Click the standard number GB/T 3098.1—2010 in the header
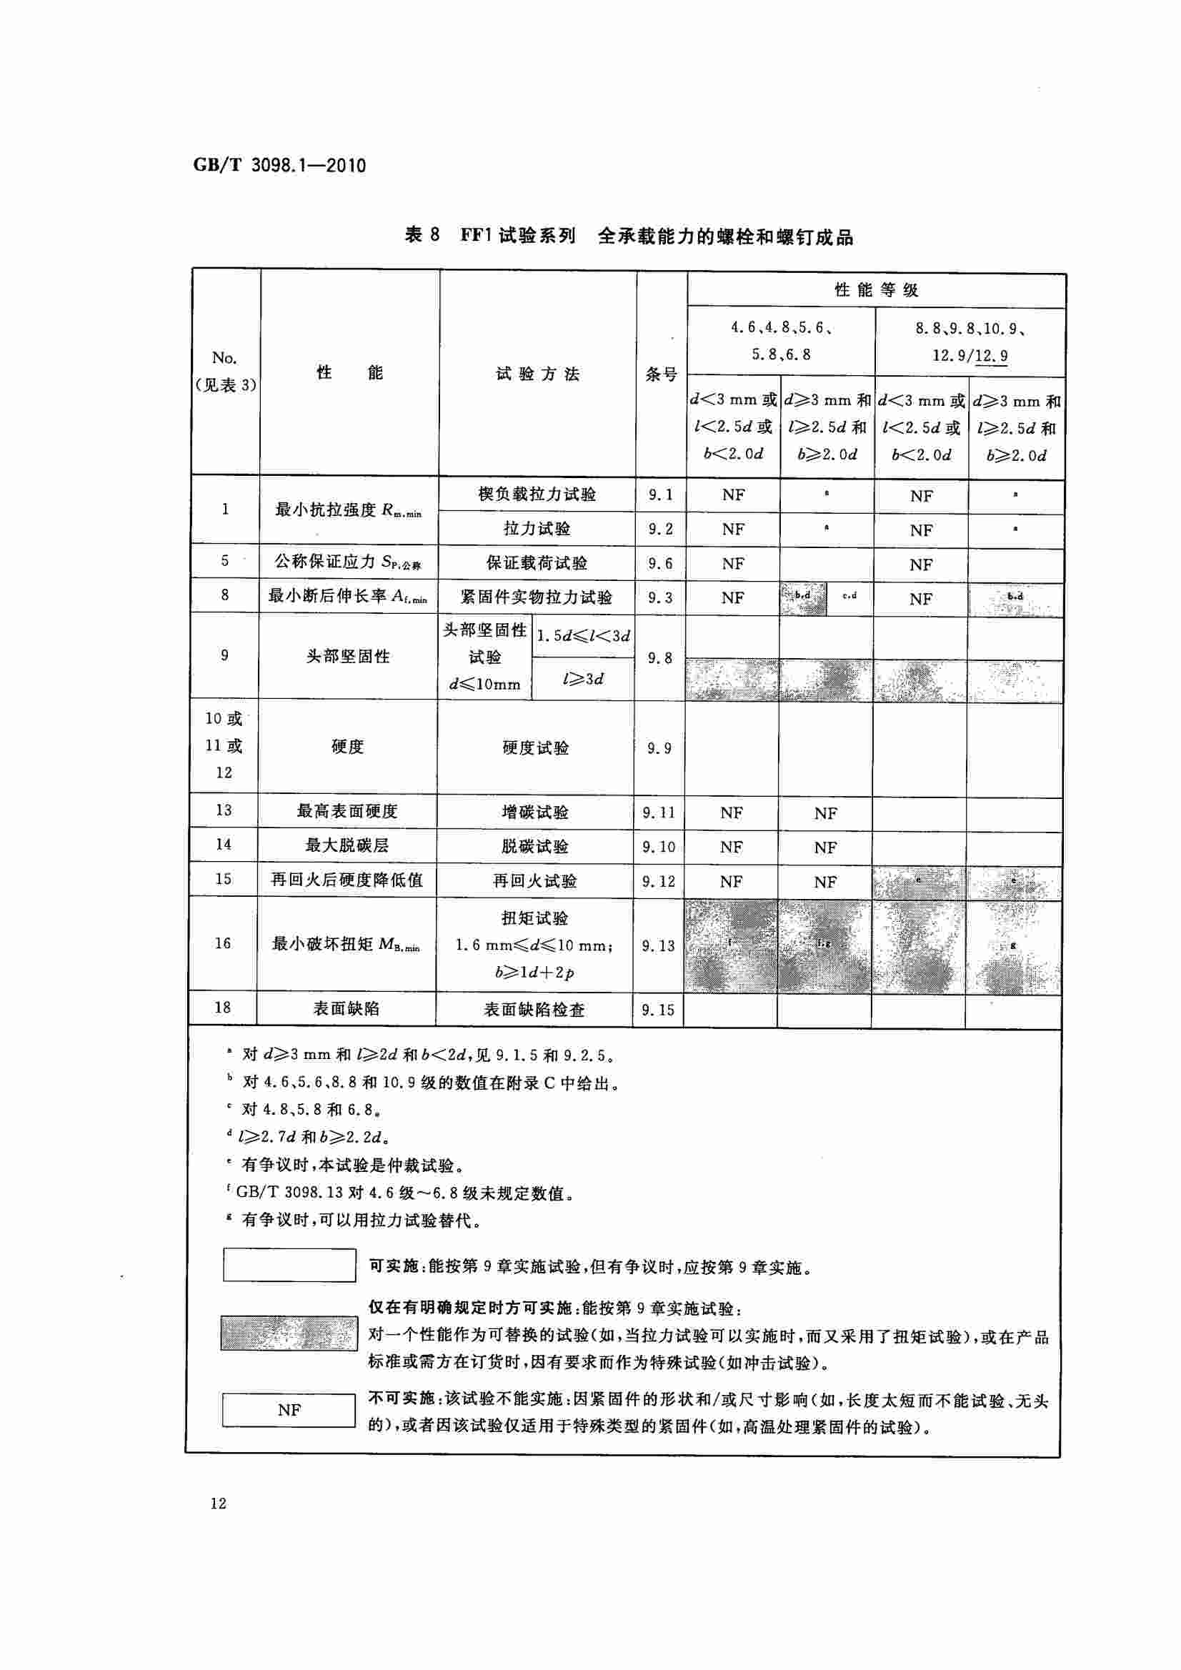[x=279, y=165]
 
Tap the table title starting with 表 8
[x=628, y=236]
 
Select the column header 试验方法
[x=537, y=374]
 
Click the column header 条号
[x=661, y=374]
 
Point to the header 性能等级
[x=877, y=290]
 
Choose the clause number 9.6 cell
[x=660, y=563]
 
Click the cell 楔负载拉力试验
[x=537, y=494]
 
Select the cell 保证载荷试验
[x=537, y=563]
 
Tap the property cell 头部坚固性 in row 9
[x=349, y=656]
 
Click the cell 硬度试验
[x=535, y=747]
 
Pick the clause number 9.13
[x=658, y=945]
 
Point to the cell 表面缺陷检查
[x=534, y=1010]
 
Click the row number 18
[x=222, y=1008]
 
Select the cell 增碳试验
[x=535, y=812]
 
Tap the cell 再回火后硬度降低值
[x=347, y=880]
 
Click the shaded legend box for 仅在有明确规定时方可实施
[x=289, y=1333]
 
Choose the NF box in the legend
[x=289, y=1410]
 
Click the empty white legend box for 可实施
[x=289, y=1265]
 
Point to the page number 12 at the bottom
[x=218, y=1504]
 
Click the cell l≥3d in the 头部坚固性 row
[x=583, y=679]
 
